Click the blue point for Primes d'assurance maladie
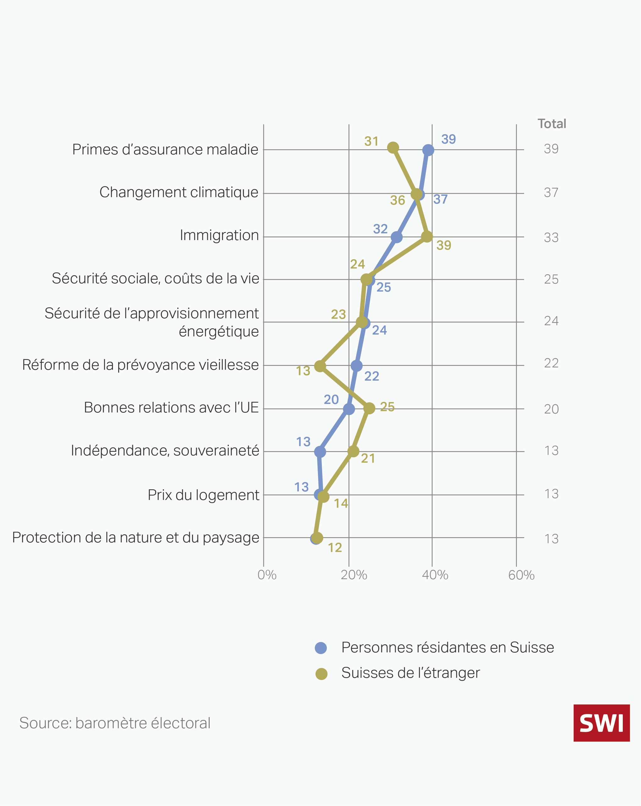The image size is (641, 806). (x=428, y=150)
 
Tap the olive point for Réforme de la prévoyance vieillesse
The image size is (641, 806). (x=320, y=366)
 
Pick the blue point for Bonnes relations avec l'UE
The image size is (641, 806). (x=349, y=409)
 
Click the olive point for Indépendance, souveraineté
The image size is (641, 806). (x=353, y=451)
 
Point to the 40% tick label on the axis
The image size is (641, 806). (x=435, y=575)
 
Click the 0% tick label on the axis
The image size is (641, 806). (x=267, y=575)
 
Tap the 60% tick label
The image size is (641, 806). (x=521, y=575)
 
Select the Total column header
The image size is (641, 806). (x=551, y=124)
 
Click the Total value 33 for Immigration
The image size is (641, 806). (x=551, y=237)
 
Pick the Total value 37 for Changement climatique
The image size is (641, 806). (x=551, y=193)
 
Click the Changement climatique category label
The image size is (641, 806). (x=179, y=192)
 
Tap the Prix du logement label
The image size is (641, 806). (x=203, y=495)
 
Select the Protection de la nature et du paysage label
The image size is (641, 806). (x=135, y=537)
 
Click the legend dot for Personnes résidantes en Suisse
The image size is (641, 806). (x=321, y=648)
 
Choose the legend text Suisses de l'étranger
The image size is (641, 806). (x=410, y=673)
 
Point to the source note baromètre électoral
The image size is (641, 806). (x=115, y=723)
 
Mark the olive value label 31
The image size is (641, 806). (x=372, y=141)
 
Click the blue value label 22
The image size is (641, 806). (x=372, y=376)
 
